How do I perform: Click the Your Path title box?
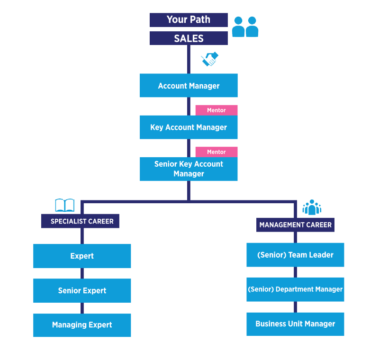pos(189,20)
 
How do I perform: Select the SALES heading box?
pos(189,38)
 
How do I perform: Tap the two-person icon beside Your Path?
pos(245,27)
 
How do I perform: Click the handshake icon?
pos(209,59)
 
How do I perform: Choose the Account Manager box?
pos(189,86)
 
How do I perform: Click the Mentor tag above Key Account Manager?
pos(217,110)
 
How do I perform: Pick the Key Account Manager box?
pos(189,127)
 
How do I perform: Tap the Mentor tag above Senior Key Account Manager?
pos(217,152)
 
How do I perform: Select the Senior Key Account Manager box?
pos(189,169)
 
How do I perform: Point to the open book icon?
pos(65,206)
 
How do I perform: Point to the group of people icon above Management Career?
pos(312,207)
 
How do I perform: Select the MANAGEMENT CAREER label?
pos(296,225)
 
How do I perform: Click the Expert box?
pos(82,256)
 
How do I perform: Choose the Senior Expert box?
pos(82,291)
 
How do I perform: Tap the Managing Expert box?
pos(82,325)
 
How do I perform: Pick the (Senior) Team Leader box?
pos(295,255)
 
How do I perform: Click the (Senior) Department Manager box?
pos(295,289)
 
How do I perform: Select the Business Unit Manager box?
pos(295,324)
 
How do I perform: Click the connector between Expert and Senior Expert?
pos(82,273)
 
